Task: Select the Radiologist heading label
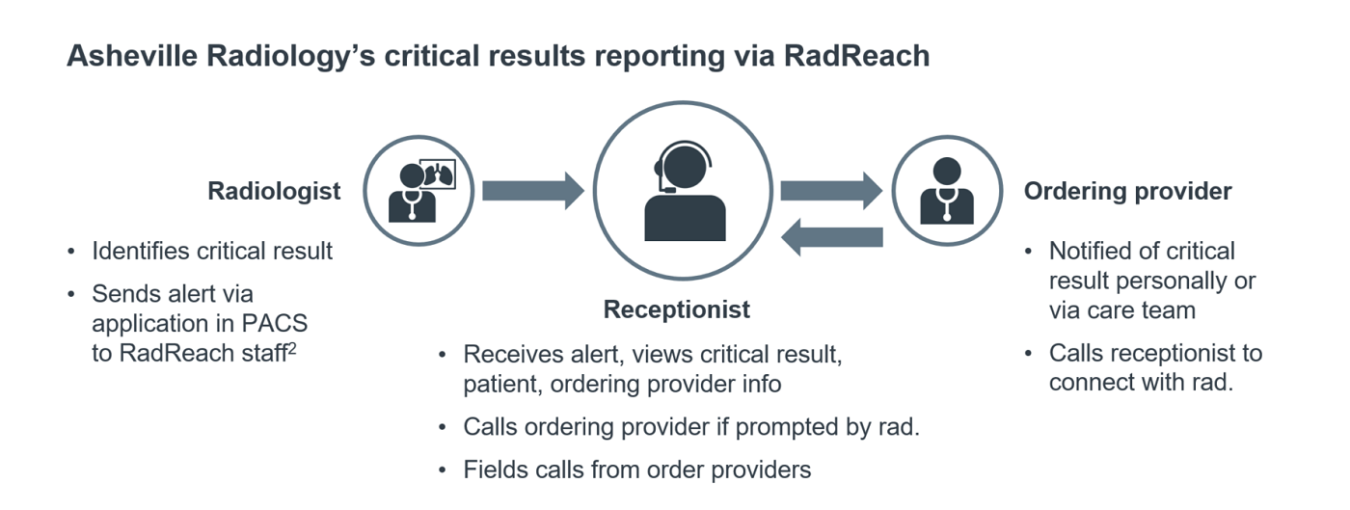coord(274,191)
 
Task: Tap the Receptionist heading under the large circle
coord(676,309)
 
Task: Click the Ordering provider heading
coord(1127,191)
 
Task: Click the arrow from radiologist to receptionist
coord(533,190)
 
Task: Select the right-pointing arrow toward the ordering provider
coord(831,190)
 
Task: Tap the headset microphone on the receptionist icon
coord(659,186)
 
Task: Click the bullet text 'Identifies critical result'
coord(212,252)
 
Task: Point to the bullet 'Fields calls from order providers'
coord(636,470)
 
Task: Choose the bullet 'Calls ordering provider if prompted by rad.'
coord(690,426)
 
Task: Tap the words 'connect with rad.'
coord(1141,382)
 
